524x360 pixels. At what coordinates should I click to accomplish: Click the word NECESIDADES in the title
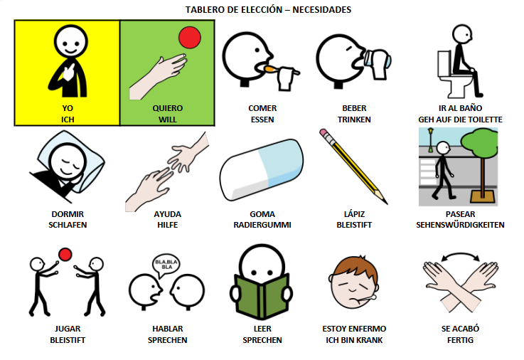pos(321,10)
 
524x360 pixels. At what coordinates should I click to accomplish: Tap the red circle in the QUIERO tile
pos(190,38)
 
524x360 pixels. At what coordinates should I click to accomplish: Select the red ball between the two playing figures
pos(65,255)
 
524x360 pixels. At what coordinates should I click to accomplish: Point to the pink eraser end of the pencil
pos(324,132)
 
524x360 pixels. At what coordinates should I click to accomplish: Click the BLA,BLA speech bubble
pos(166,265)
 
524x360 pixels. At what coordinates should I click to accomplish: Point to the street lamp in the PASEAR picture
pos(430,140)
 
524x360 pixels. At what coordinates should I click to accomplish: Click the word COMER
pos(262,108)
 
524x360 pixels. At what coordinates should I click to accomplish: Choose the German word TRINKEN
pos(354,120)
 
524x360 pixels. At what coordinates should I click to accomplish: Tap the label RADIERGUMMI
pos(262,225)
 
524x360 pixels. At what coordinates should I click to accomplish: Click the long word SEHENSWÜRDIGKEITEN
pos(460,225)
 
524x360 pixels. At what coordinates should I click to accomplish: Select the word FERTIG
pos(460,340)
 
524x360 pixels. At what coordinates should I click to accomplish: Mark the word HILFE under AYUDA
pos(167,225)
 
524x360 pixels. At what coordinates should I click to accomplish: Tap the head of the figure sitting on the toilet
pos(462,33)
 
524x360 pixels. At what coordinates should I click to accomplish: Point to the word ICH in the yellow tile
pos(68,120)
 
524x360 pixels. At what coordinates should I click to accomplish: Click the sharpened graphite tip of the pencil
pos(385,201)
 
